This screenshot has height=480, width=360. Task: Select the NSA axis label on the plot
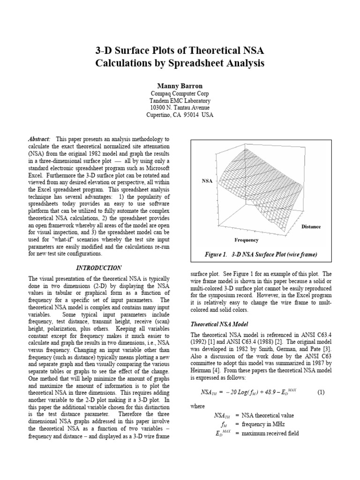pyautogui.click(x=207, y=180)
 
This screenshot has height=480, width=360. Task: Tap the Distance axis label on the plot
pyautogui.click(x=311, y=227)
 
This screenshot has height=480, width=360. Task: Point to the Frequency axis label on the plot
pyautogui.click(x=247, y=240)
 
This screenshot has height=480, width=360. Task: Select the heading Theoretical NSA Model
pyautogui.click(x=219, y=324)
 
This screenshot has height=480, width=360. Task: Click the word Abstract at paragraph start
pyautogui.click(x=39, y=140)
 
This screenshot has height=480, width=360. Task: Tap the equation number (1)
pyautogui.click(x=321, y=392)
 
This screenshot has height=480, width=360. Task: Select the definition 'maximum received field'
pyautogui.click(x=270, y=433)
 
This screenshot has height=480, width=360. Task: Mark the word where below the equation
pyautogui.click(x=197, y=406)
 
